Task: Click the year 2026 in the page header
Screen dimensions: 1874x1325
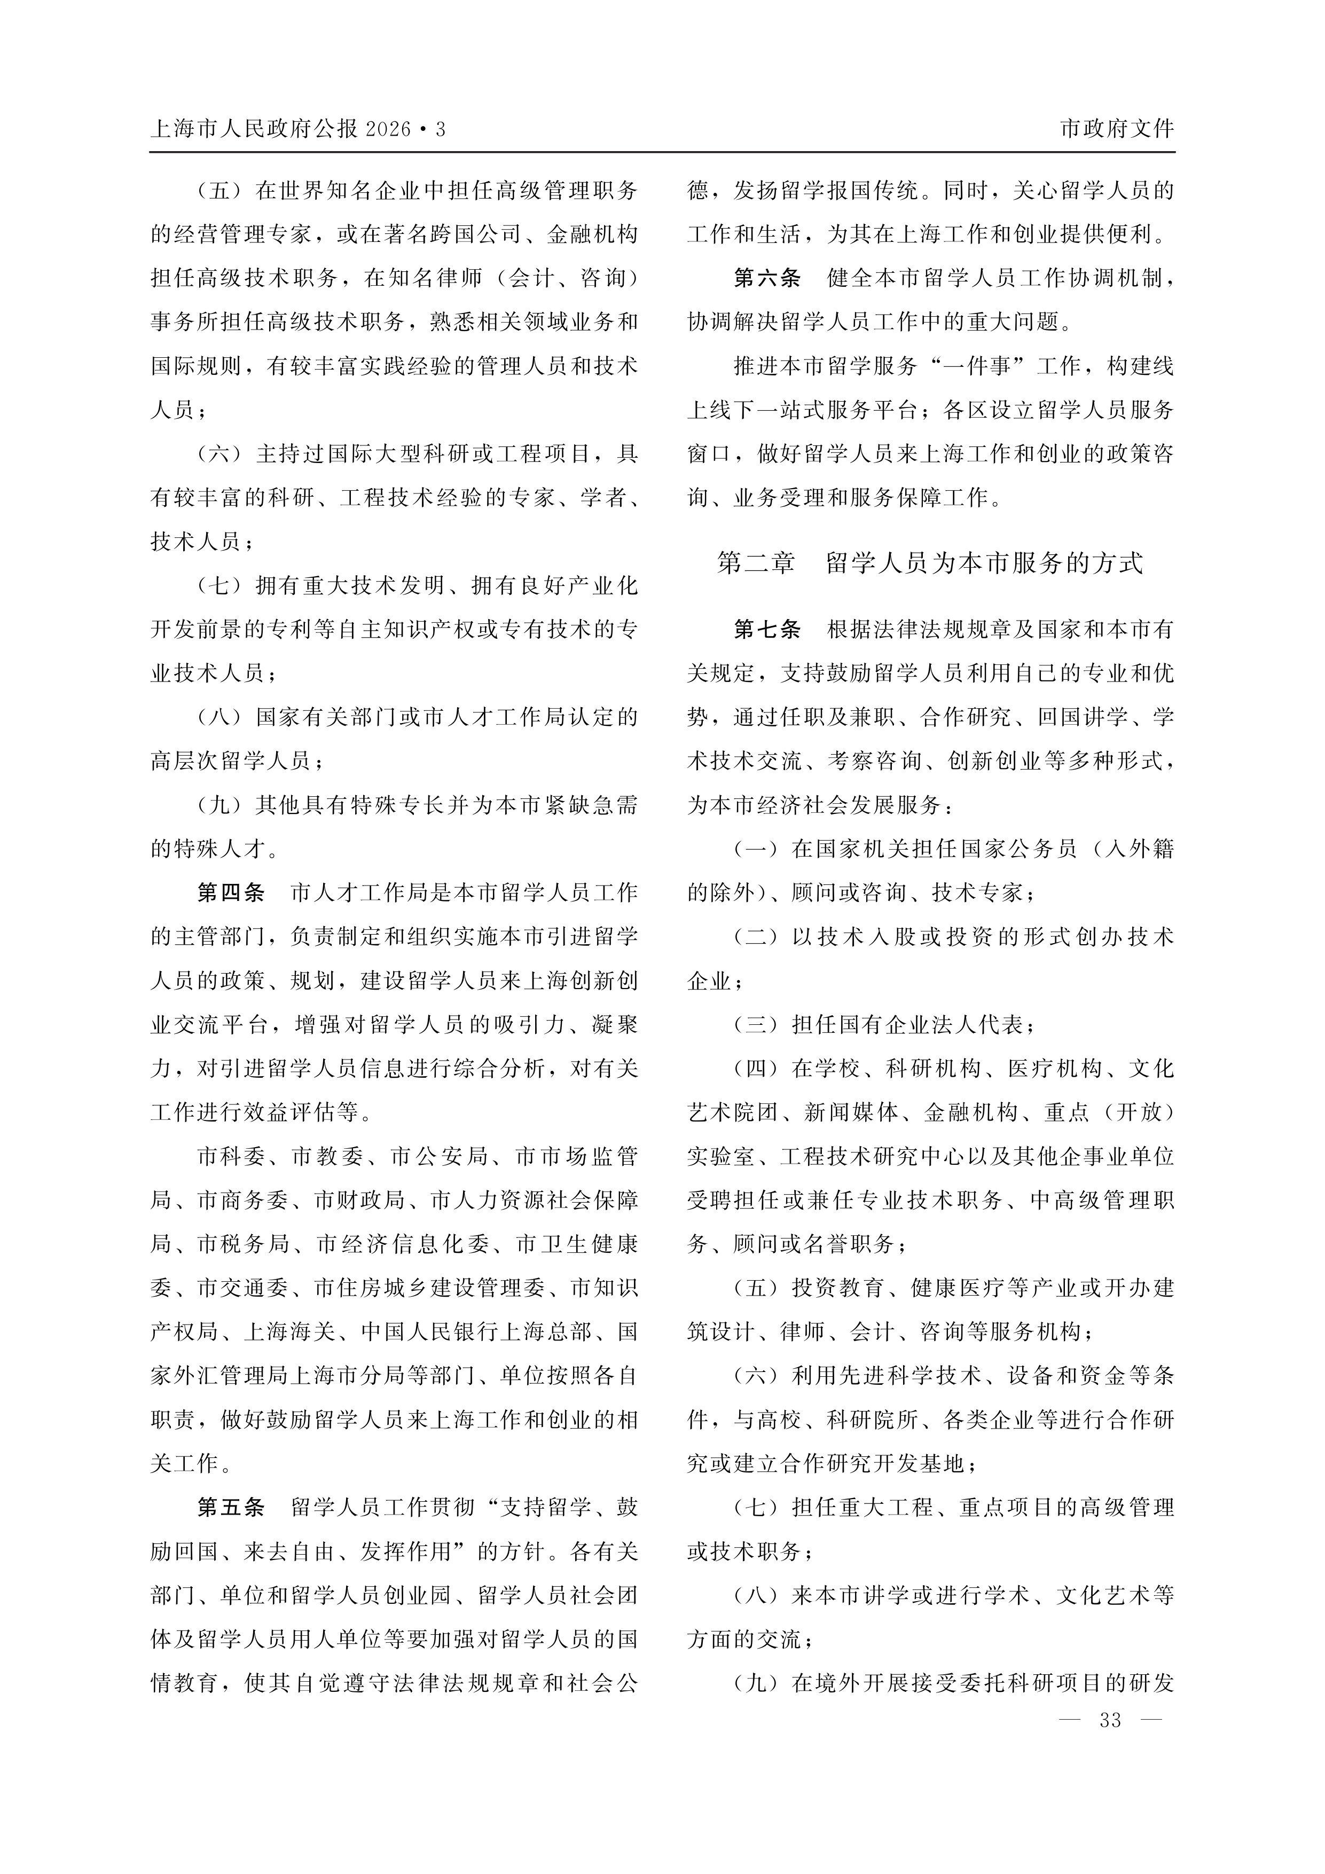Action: pos(389,129)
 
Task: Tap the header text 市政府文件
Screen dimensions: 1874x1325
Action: pos(1116,129)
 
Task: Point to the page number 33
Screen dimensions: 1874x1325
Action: pos(1110,1720)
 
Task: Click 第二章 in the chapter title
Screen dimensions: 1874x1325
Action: pos(755,563)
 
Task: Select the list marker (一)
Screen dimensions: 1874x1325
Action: pos(756,849)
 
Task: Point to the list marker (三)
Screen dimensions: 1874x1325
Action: pos(756,1024)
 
